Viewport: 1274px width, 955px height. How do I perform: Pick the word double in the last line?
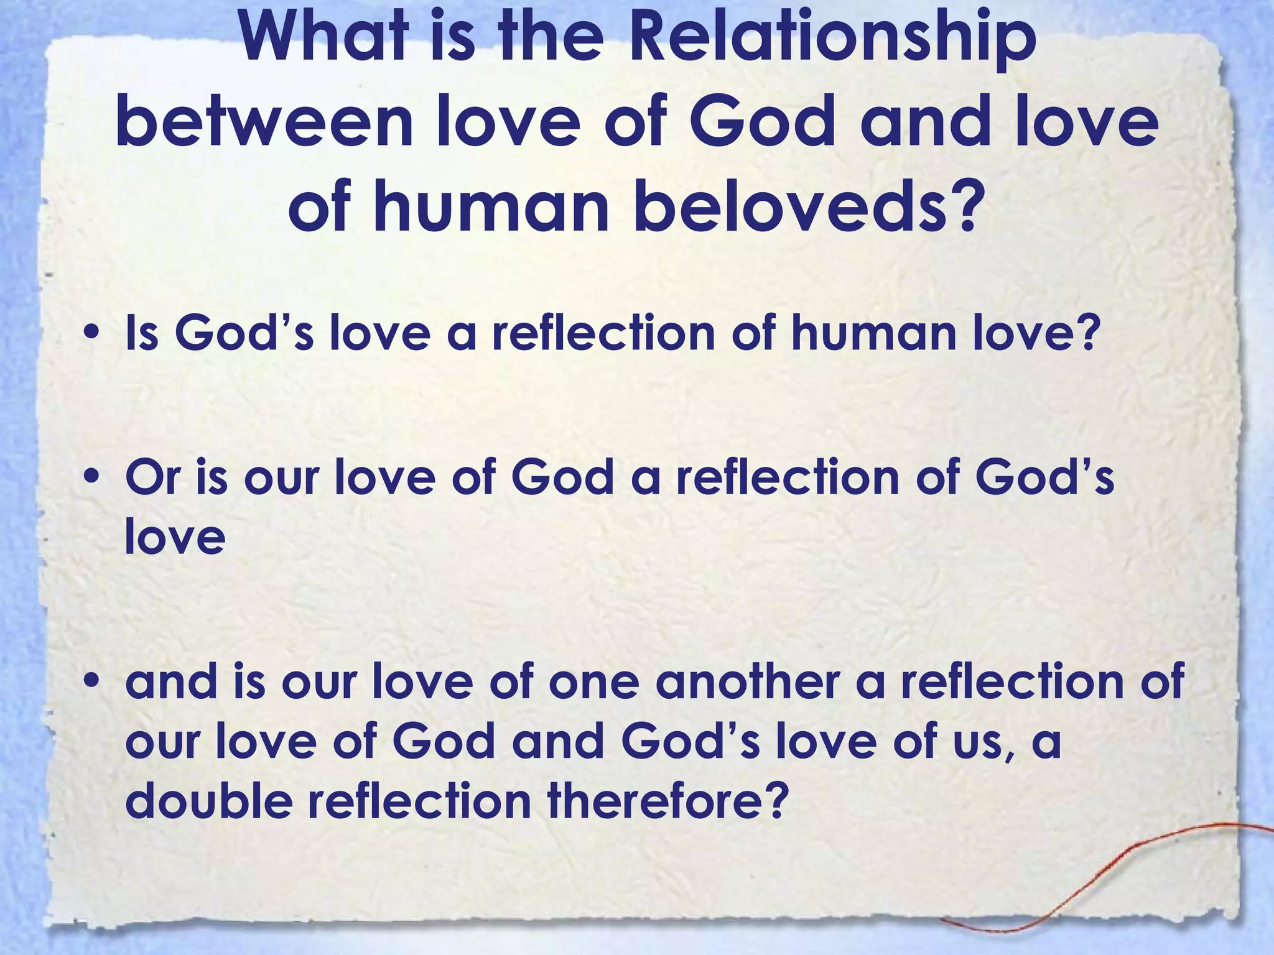(209, 800)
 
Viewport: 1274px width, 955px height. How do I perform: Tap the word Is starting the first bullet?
(141, 333)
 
